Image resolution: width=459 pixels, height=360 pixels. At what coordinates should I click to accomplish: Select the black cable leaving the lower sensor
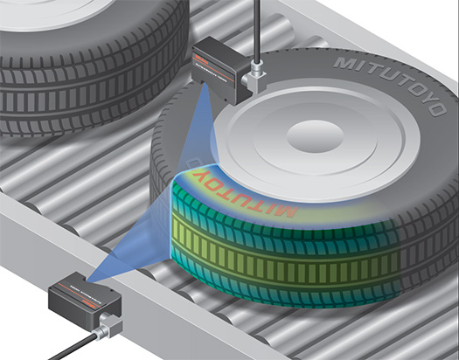pos(66,350)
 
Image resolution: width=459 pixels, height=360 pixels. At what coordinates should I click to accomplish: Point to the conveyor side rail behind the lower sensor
pos(26,262)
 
